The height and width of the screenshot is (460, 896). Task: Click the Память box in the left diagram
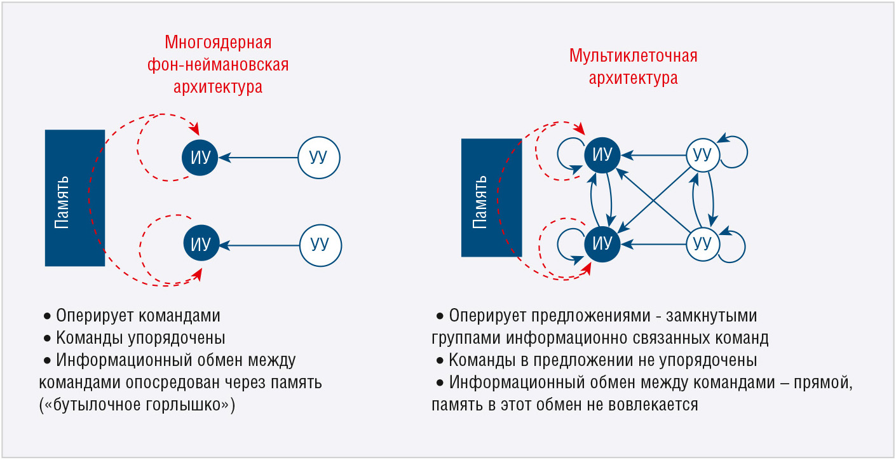[75, 198]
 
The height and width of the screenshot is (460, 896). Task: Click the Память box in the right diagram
[492, 198]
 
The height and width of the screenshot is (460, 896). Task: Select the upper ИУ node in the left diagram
[200, 158]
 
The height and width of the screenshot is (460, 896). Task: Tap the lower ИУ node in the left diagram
[201, 243]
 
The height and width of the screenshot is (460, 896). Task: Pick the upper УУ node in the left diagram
[319, 158]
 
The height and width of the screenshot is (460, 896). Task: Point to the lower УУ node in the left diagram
[320, 245]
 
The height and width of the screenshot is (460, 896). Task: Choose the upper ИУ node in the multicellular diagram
[602, 155]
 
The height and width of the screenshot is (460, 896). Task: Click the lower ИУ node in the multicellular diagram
[602, 244]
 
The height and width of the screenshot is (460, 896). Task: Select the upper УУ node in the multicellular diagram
[703, 155]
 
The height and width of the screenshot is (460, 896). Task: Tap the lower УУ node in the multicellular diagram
[703, 244]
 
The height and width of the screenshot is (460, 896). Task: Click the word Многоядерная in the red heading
[218, 43]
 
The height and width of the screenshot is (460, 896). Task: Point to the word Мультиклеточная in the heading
[633, 56]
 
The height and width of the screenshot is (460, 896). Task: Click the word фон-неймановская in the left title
[218, 64]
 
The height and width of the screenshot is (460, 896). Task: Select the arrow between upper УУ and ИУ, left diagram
[259, 158]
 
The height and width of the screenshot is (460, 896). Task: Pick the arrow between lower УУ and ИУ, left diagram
[260, 245]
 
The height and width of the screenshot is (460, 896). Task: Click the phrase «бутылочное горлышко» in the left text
[138, 405]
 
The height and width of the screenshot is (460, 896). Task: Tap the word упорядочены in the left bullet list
[177, 338]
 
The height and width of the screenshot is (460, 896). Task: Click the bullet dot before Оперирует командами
[47, 316]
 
